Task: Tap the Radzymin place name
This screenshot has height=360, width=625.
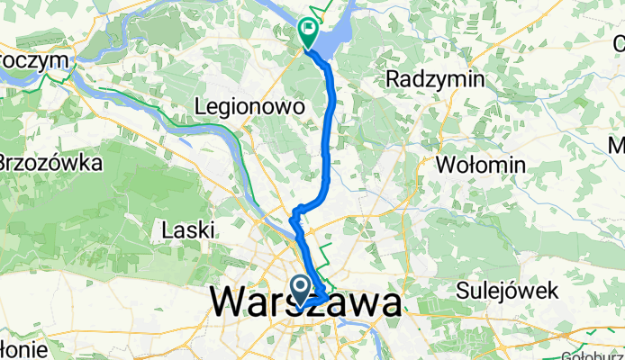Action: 434,79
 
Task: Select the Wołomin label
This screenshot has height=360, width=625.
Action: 480,165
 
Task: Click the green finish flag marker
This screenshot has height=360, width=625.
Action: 308,32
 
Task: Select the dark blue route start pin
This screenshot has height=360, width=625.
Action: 300,291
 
